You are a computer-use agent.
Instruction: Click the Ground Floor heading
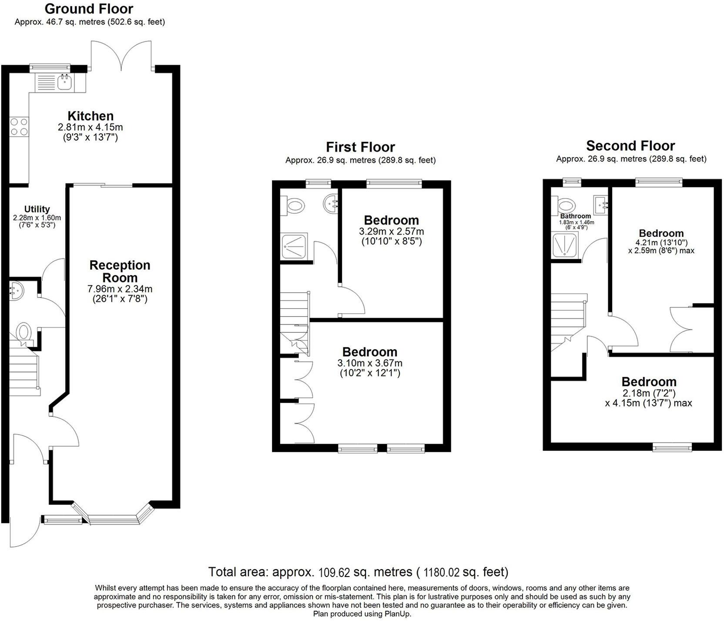coord(89,9)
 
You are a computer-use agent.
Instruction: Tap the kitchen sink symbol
coord(65,81)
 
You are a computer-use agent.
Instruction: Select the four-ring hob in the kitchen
coord(19,127)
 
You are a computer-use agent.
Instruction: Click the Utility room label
coord(37,209)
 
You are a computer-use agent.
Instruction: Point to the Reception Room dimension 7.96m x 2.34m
coord(120,289)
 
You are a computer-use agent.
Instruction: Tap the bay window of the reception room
coord(113,518)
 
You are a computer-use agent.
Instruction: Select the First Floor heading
coord(360,147)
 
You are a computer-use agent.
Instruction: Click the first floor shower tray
coord(295,246)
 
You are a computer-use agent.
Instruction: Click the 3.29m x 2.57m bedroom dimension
coord(391,231)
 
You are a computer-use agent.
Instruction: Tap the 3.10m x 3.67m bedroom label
coord(369,352)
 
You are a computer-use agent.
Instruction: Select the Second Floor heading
coord(630,145)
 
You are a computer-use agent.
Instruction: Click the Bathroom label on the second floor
coord(575,216)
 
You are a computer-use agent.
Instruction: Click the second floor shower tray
coord(565,245)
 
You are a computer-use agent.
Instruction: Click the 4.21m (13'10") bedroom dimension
coord(661,243)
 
